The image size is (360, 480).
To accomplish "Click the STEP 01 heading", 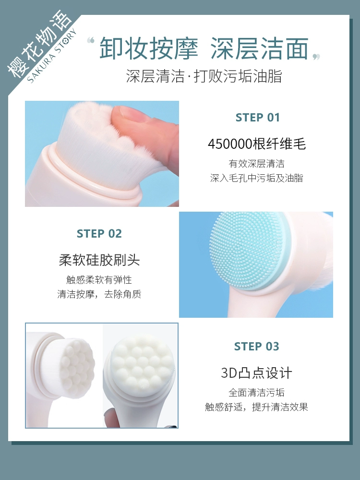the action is point(258,118).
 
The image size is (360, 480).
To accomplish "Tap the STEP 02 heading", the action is point(99,234).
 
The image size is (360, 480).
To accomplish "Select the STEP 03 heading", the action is point(256,346).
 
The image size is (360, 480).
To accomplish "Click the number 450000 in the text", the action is point(230,144).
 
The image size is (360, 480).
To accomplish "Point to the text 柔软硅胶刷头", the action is point(99,260).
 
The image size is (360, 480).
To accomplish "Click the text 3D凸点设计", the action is point(256,372).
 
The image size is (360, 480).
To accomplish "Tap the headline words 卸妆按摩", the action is point(149,48).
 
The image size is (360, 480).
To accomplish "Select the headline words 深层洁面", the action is point(260,48).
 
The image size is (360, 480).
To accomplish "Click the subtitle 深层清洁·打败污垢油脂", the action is point(204,76).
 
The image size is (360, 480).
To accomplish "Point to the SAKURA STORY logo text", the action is point(51,56).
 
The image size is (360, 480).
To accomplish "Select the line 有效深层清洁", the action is point(256,164).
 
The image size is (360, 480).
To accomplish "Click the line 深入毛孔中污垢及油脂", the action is point(256,178).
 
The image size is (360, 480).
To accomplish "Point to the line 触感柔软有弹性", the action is point(99,279).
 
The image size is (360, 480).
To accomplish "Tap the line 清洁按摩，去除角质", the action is point(99,294).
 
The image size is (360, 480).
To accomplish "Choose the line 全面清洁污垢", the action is point(256,393).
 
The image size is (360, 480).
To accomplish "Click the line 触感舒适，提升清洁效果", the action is point(256,407).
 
